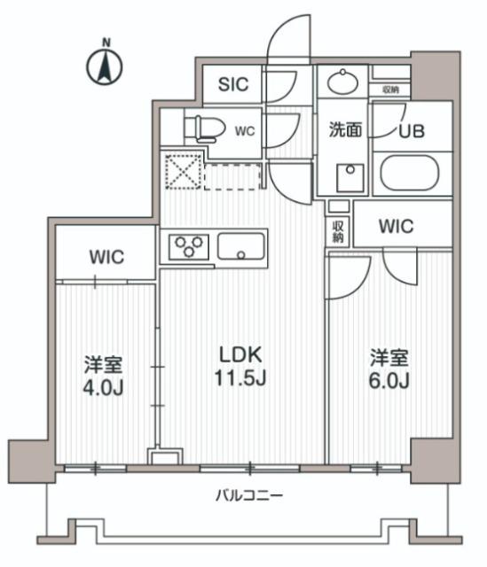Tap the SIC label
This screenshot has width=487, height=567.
pos(234,86)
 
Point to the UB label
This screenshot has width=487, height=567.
pos(412,130)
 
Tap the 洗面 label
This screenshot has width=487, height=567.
pos(345,130)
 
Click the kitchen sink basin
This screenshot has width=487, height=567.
pos(241,245)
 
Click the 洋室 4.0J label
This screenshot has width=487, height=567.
pos(104,375)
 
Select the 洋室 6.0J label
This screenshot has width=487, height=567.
pos(389,369)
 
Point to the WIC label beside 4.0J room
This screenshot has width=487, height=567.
pos(106,258)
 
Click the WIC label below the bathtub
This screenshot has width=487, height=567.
pos(396,226)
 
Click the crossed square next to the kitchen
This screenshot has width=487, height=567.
pos(182,172)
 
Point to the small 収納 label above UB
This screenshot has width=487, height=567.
pos(390,89)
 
